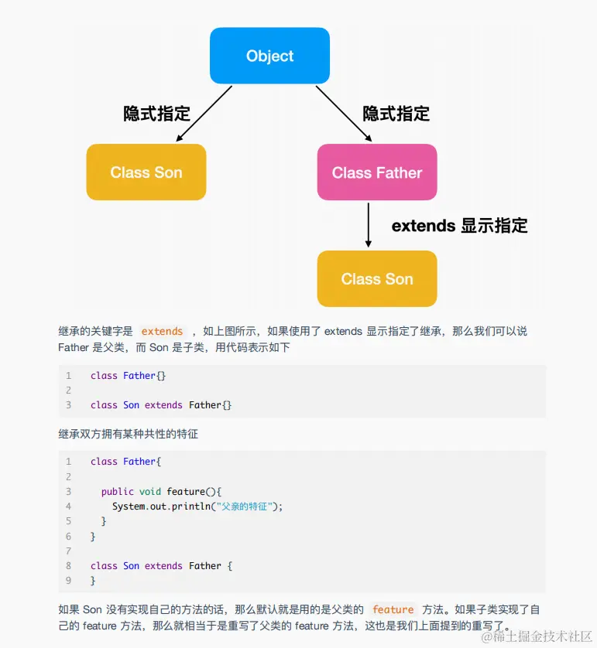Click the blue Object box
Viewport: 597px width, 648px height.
pos(269,56)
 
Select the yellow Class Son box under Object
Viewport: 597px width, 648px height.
pos(146,172)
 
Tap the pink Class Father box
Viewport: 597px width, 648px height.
pos(377,172)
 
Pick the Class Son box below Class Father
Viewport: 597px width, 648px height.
pos(377,278)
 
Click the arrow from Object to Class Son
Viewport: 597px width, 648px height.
pos(204,114)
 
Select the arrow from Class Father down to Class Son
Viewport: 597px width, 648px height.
pos(368,225)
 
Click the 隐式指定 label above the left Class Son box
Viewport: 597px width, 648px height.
pos(156,114)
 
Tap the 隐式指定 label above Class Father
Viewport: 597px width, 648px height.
pos(396,114)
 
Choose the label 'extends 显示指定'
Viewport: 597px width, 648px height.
pos(459,226)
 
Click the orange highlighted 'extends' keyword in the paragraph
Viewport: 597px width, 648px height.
pos(162,331)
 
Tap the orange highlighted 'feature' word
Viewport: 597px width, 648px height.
pos(393,609)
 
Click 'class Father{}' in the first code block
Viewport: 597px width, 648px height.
pos(128,376)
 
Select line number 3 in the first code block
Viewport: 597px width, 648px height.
pos(68,405)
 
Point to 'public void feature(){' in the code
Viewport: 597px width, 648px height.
pos(161,491)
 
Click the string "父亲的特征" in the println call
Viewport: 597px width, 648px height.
pos(245,506)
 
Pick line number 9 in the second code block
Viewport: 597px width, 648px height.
pos(68,580)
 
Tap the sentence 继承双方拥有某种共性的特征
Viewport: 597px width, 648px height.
pos(128,434)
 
